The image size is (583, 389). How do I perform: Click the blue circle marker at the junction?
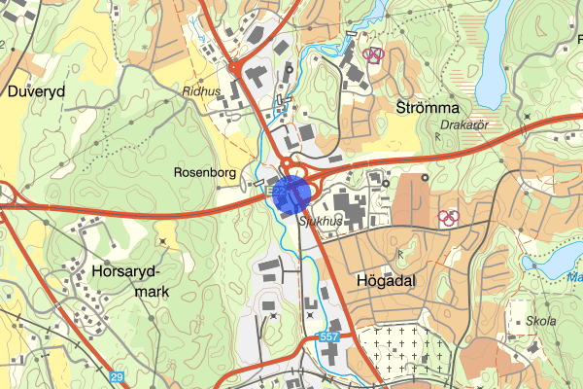click(x=291, y=194)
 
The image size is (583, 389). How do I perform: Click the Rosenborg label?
click(x=205, y=172)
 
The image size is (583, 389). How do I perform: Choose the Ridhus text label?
click(x=201, y=90)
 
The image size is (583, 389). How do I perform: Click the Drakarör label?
click(x=462, y=124)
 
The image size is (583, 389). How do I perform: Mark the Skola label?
click(x=540, y=322)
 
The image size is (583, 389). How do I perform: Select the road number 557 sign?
click(x=327, y=337)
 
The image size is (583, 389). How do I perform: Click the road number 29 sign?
click(x=118, y=376)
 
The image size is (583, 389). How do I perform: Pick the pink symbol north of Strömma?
click(x=373, y=55)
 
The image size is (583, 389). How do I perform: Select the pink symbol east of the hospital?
click(x=448, y=217)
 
